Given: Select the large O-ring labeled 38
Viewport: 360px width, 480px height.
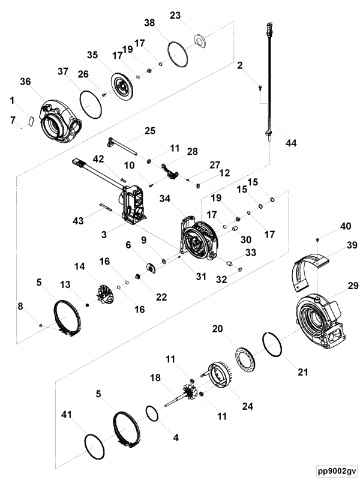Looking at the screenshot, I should pyautogui.click(x=178, y=54).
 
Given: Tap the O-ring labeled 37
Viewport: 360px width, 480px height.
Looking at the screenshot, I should pyautogui.click(x=90, y=104).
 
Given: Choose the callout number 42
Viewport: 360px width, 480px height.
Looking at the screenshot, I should pyautogui.click(x=98, y=160).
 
